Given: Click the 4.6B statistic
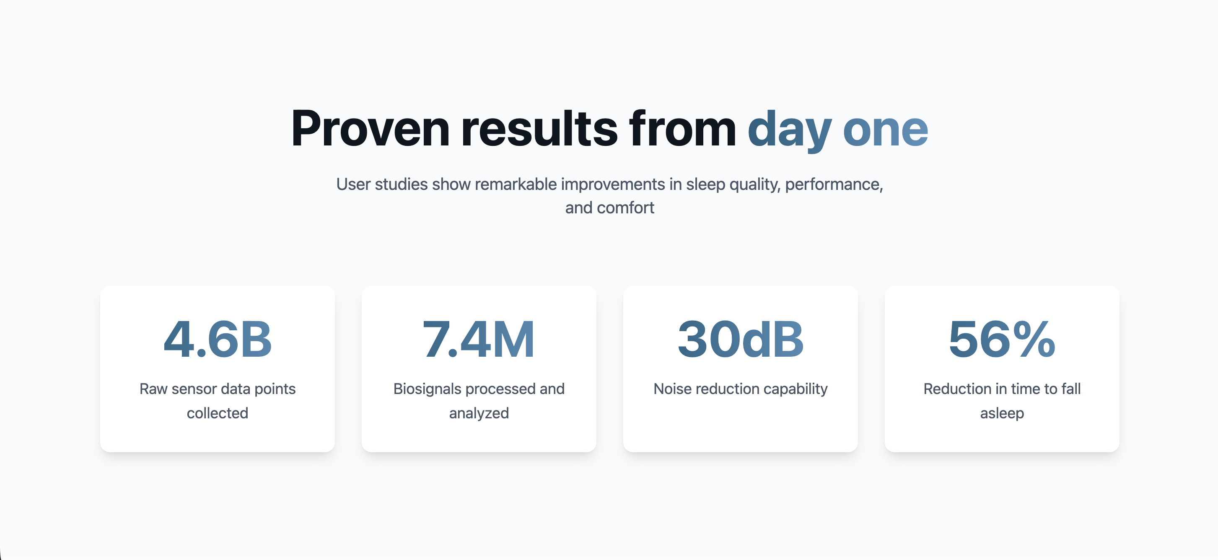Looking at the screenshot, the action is [218, 339].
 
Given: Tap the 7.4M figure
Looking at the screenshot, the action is [479, 339].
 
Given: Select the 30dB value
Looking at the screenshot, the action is [741, 339].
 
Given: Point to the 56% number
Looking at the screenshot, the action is [1002, 339].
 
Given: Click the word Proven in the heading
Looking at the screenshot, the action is [370, 129].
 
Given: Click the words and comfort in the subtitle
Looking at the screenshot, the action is [609, 207].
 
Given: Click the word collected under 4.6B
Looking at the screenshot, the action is [218, 413].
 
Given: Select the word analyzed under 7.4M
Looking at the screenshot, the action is [479, 413].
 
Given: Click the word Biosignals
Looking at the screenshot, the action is [428, 389].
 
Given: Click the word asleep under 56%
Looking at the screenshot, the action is [1002, 413].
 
